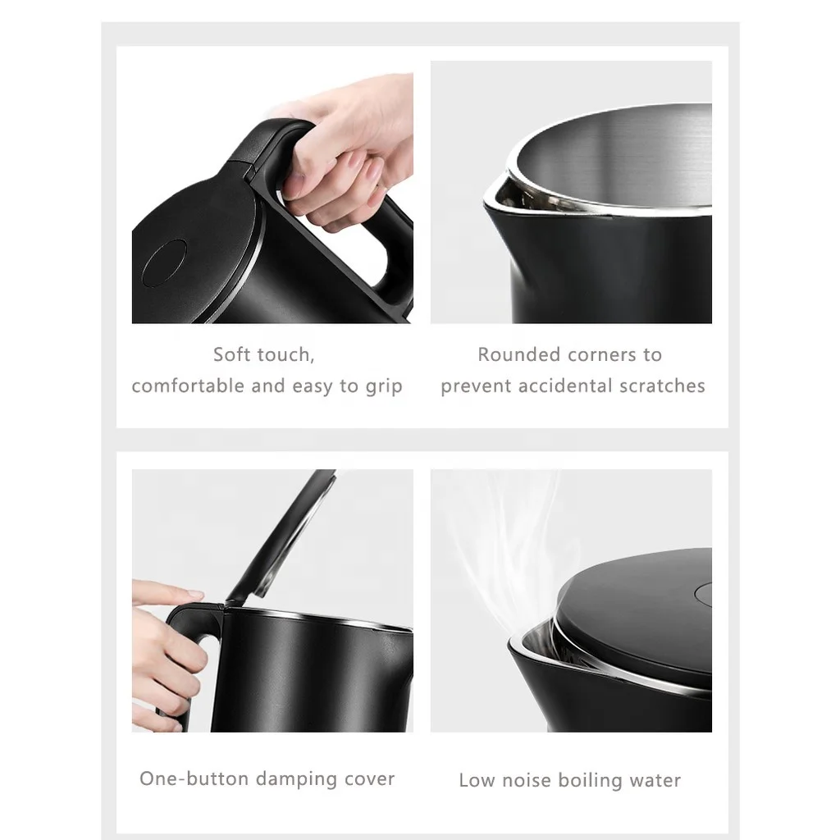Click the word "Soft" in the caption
point(231,355)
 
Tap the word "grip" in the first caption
point(383,386)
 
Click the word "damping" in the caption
point(293,779)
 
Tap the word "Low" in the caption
point(477,780)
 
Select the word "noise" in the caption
point(527,780)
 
